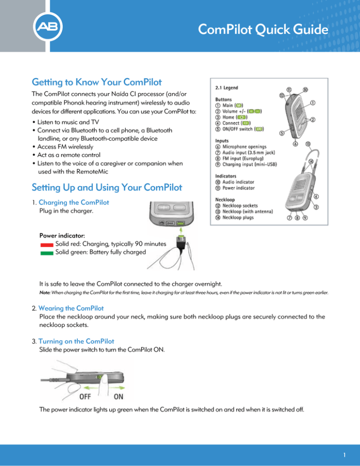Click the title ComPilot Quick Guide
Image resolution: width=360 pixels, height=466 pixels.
click(262, 30)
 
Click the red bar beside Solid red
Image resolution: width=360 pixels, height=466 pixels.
click(46, 245)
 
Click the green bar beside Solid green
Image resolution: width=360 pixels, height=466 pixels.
click(46, 253)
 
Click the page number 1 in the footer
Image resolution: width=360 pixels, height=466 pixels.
click(344, 454)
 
